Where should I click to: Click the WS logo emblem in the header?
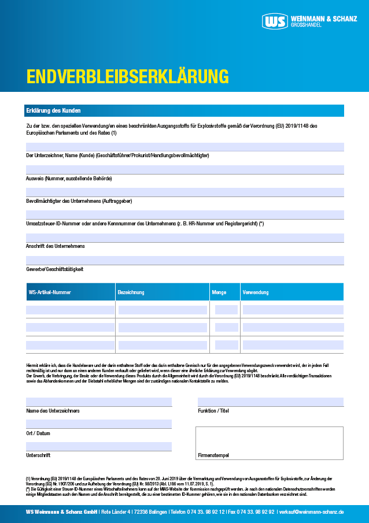(274, 22)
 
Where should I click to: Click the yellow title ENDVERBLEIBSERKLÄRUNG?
(127, 77)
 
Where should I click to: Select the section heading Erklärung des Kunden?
(53, 110)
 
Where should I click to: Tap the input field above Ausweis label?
(184, 169)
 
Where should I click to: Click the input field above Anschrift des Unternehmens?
(184, 238)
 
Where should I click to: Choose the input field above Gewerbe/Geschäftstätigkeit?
(184, 260)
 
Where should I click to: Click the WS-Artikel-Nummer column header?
(50, 292)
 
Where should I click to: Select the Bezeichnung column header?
(131, 292)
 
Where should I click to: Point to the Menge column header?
(219, 292)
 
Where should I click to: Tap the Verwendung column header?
(256, 292)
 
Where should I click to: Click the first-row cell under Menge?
(226, 310)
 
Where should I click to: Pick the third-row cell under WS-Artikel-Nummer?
(70, 345)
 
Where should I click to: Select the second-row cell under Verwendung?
(293, 328)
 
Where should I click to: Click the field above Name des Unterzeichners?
(98, 402)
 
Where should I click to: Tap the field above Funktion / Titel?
(270, 402)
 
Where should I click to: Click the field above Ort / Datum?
(98, 424)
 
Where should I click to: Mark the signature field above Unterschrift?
(98, 446)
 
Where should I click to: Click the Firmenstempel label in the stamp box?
(213, 455)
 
